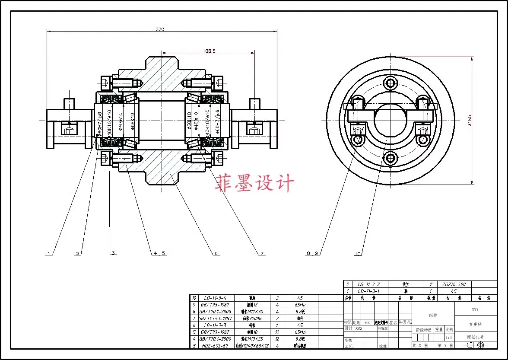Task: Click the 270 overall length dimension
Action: coord(161,29)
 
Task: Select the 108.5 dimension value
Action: coord(209,51)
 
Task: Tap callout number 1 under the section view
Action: coord(49,254)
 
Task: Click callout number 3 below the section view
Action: coord(113,253)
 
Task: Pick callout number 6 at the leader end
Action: coord(216,254)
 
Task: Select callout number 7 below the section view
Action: coord(261,254)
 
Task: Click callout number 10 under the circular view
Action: coord(357,254)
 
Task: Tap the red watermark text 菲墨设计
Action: coord(254,183)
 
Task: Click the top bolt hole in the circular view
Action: coord(391,83)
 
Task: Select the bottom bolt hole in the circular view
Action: coord(391,158)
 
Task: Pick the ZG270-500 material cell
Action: coord(453,284)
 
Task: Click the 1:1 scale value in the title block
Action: coord(449,338)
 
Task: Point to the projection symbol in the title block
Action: coord(475,345)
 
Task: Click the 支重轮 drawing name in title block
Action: coord(475,324)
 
